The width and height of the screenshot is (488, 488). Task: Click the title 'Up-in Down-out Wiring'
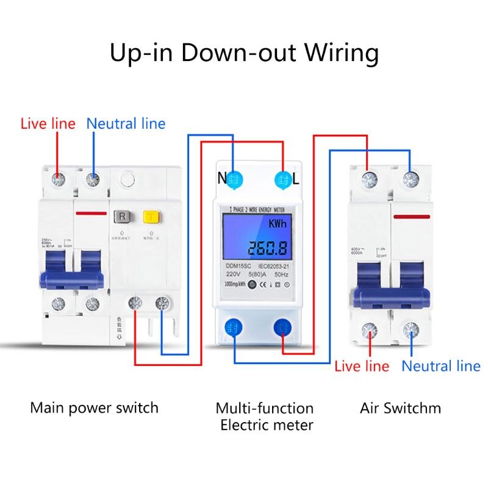click(244, 53)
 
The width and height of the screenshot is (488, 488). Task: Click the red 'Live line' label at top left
click(48, 124)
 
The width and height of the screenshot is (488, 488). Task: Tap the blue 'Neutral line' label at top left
click(126, 124)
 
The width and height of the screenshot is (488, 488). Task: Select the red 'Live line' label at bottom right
click(361, 366)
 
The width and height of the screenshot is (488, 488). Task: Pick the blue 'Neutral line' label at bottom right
click(440, 366)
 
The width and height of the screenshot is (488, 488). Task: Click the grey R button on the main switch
click(122, 217)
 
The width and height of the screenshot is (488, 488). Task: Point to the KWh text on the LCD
click(279, 224)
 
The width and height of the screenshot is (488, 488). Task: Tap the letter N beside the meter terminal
click(222, 179)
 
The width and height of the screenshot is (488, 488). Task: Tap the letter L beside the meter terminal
click(296, 179)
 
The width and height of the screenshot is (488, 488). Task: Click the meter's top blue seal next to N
click(235, 179)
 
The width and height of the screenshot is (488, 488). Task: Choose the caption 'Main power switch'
click(94, 407)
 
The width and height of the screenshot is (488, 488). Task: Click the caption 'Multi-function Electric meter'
click(265, 416)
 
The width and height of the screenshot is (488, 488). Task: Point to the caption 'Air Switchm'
click(400, 407)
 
